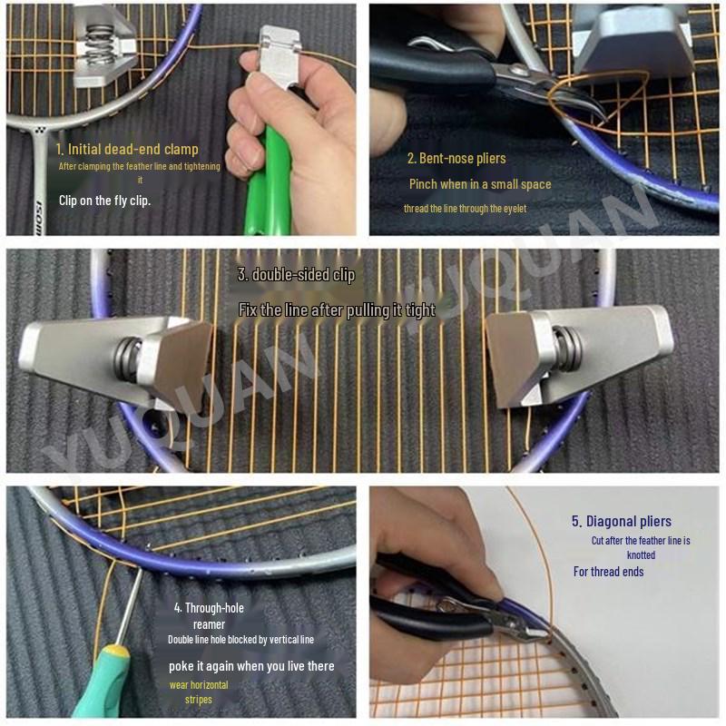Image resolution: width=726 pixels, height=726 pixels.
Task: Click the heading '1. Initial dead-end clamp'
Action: tap(126, 149)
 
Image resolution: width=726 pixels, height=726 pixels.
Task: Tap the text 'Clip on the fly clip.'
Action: tap(104, 201)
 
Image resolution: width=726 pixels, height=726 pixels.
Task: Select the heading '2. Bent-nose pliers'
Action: tap(456, 159)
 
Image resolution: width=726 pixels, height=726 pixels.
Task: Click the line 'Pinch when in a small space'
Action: tap(479, 184)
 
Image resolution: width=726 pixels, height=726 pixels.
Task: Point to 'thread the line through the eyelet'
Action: tap(465, 209)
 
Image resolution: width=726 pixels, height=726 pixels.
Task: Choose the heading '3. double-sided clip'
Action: tap(296, 274)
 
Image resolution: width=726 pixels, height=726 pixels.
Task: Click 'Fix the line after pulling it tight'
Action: tap(337, 310)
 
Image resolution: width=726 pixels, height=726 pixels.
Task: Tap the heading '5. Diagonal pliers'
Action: tap(622, 521)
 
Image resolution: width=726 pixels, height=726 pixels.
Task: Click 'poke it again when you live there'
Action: tap(251, 666)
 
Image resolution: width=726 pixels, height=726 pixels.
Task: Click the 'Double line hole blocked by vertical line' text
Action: tap(240, 640)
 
